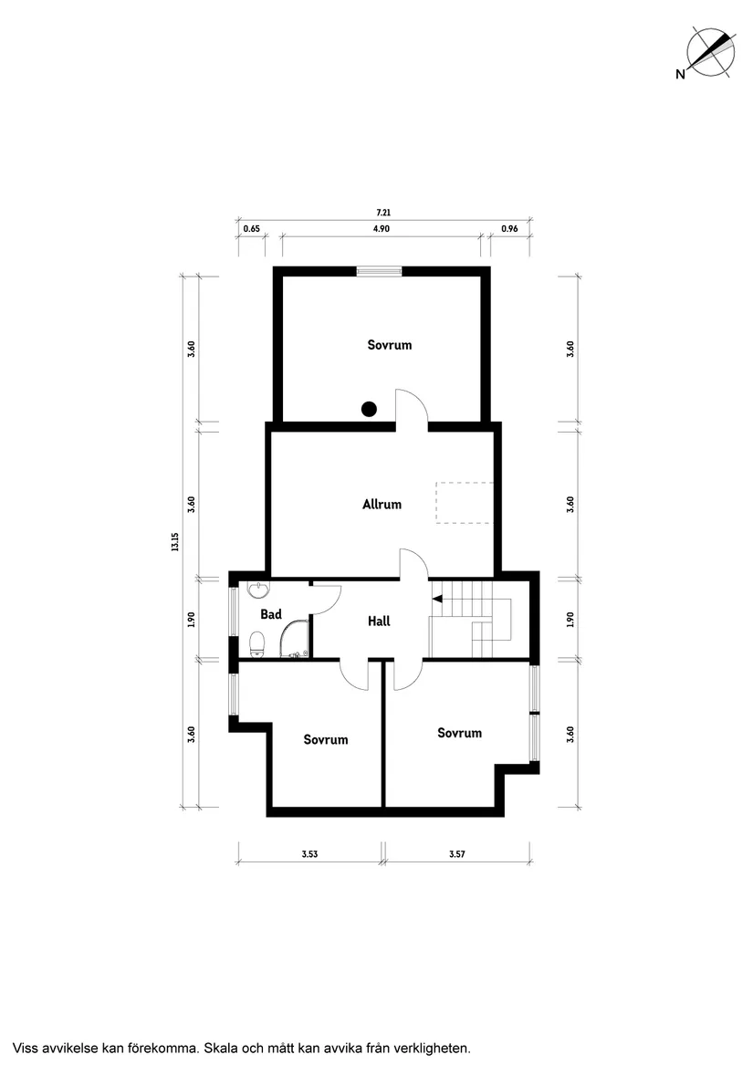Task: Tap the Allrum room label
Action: [382, 504]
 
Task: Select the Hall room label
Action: [379, 621]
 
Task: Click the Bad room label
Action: [270, 614]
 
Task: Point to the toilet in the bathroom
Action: [257, 643]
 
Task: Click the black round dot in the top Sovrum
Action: [369, 409]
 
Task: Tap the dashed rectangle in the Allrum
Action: [465, 502]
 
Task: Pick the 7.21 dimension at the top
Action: [382, 213]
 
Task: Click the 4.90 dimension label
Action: [382, 230]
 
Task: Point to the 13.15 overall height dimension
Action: [173, 541]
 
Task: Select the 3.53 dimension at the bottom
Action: [309, 855]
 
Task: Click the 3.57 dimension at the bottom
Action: [457, 855]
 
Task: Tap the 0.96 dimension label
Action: [509, 230]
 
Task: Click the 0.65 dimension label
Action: [251, 230]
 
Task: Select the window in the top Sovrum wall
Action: [379, 270]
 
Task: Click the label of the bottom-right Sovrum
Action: [459, 733]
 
